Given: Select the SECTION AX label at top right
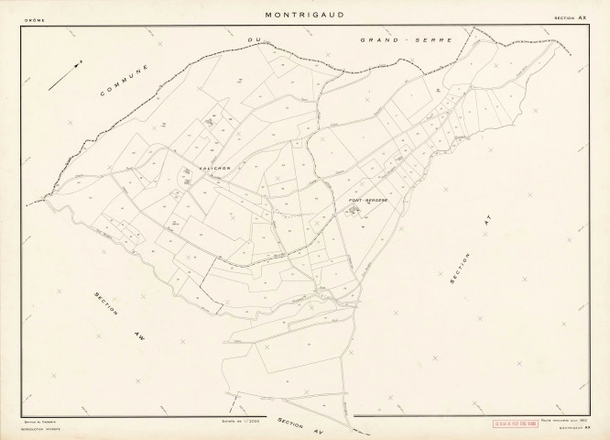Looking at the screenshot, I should click(570, 18).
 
